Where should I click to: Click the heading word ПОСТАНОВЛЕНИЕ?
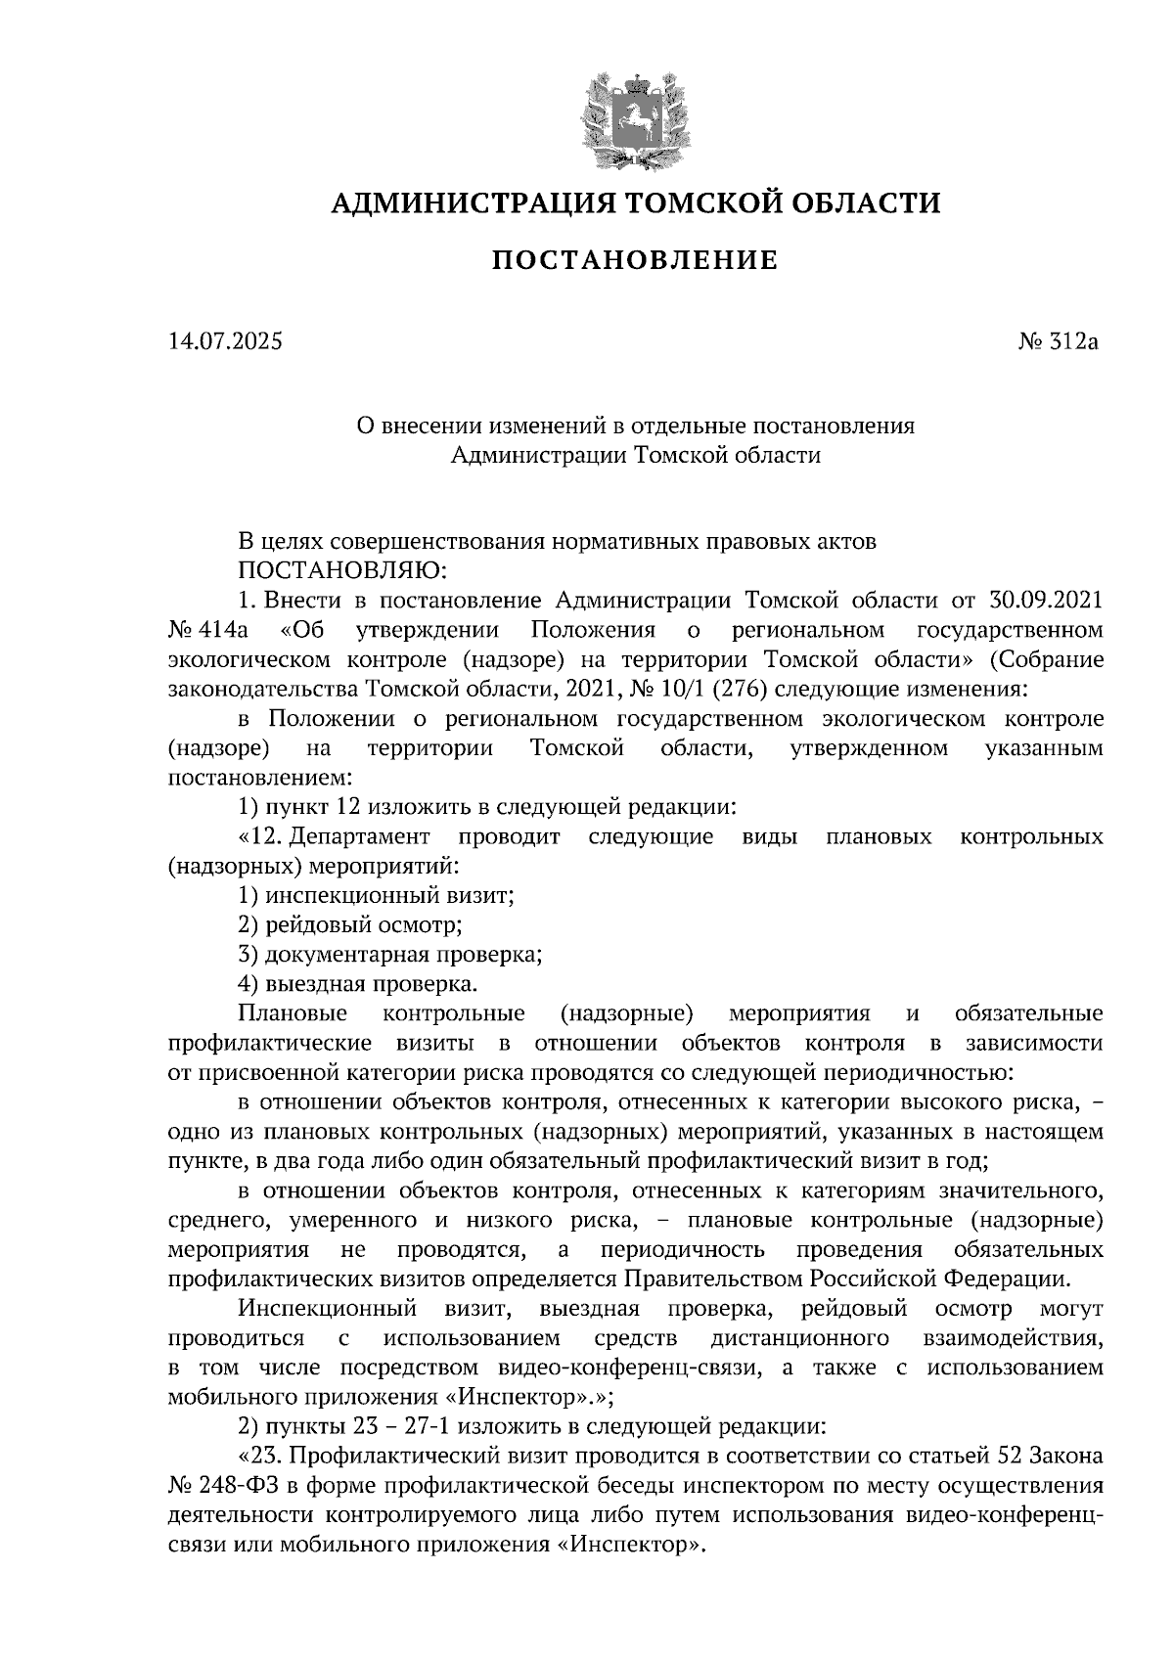(x=634, y=261)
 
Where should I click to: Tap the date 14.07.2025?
(x=225, y=342)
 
